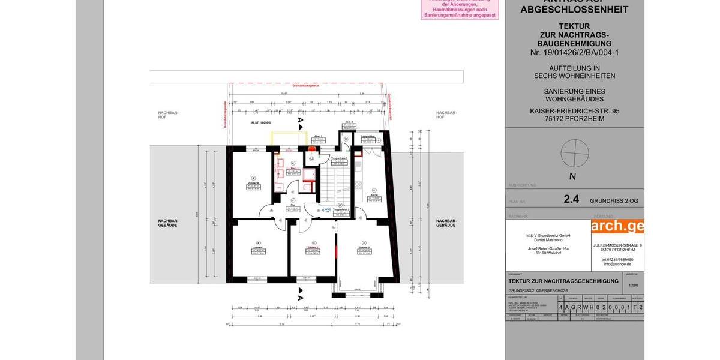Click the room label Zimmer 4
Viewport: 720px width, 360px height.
tap(254, 184)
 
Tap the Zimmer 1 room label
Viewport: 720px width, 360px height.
tap(259, 247)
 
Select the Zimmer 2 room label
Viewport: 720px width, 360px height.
tap(312, 247)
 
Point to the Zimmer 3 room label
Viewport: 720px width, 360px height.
tap(364, 247)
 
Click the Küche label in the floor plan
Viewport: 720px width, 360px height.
tap(373, 196)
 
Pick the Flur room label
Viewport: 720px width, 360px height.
tap(293, 205)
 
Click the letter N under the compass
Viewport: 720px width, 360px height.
tap(572, 176)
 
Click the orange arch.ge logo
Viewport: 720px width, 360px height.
tap(617, 226)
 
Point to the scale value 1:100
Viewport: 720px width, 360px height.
tap(634, 285)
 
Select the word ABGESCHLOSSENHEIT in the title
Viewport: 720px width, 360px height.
tap(574, 10)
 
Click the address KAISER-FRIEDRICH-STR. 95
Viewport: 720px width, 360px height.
tap(574, 111)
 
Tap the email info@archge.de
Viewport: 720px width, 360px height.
tap(617, 264)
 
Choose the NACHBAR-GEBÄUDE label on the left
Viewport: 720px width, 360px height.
tap(169, 223)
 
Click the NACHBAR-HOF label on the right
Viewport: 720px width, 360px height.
tap(446, 115)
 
